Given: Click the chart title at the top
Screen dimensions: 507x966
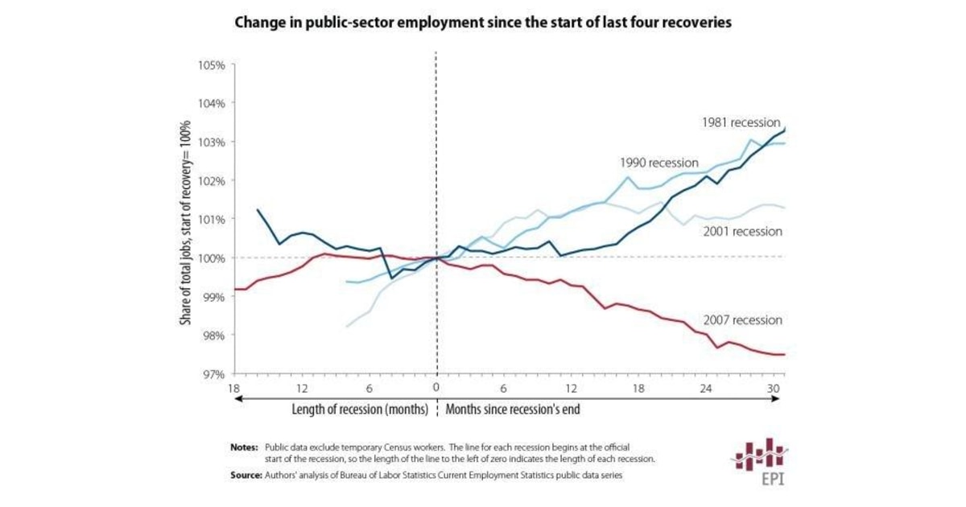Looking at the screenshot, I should [x=482, y=23].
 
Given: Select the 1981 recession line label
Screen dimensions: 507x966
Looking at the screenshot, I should [x=741, y=123].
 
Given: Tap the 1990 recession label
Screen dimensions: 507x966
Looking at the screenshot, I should [x=659, y=163].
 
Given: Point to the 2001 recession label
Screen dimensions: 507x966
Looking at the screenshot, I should [x=741, y=232].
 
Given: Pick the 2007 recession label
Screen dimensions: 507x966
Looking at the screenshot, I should [x=741, y=320].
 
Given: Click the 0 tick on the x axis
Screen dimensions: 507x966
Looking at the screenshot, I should [x=436, y=387].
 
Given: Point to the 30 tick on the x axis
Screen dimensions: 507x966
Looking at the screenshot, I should [x=774, y=387].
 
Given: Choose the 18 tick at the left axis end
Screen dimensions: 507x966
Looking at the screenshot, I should [x=234, y=387].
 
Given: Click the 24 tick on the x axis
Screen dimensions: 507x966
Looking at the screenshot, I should [x=706, y=387].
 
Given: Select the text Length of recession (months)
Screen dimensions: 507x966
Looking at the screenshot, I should [x=358, y=409].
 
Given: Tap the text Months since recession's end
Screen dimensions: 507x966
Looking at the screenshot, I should [x=513, y=409].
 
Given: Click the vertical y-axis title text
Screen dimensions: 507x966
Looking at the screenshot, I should [x=185, y=220].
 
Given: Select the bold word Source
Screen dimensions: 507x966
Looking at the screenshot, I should [x=245, y=476].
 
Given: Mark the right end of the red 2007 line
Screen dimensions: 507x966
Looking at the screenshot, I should [x=784, y=354].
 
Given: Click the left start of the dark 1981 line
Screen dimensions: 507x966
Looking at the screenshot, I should [x=258, y=210].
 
